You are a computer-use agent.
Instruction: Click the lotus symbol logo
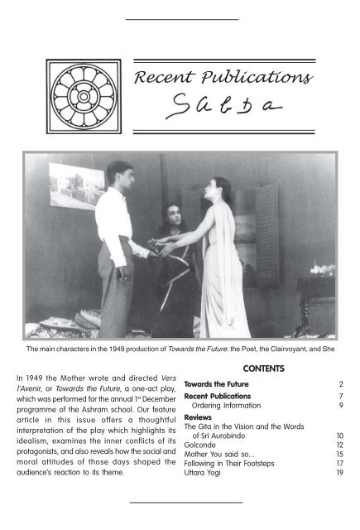pyautogui.click(x=84, y=97)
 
